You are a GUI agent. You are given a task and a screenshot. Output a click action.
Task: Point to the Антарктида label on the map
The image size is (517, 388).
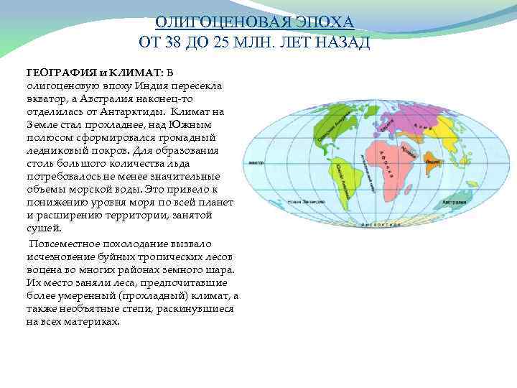[x=381, y=225]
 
